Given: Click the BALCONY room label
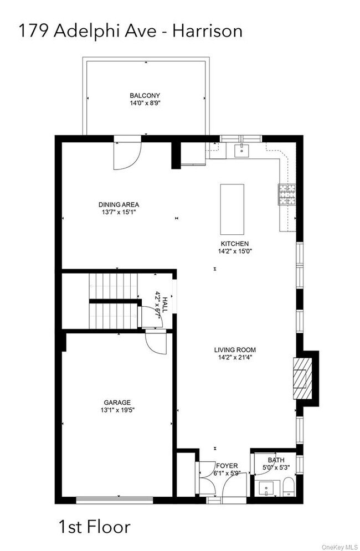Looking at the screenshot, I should coord(145,95).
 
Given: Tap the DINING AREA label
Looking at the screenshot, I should coord(119,204).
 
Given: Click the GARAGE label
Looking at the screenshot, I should coord(117,403).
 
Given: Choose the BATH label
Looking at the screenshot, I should coord(275,460).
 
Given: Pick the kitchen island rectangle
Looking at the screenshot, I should coord(233,209).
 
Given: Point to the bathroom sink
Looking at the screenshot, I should coord(267,489).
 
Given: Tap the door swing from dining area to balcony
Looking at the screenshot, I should coord(126,156).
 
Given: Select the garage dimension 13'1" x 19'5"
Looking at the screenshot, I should coord(117,410).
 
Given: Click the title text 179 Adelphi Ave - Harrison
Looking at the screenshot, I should coord(131,31).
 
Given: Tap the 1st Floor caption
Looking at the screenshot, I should coord(94,526).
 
